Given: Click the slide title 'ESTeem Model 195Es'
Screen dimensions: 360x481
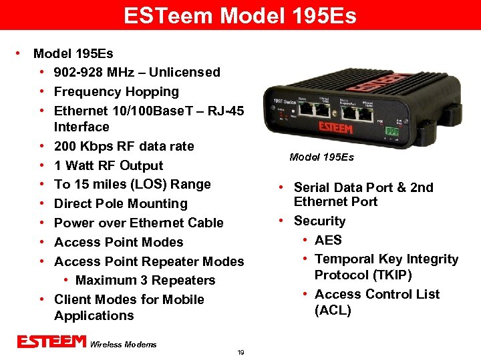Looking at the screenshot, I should pyautogui.click(x=240, y=15).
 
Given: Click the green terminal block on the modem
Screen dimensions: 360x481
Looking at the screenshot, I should pyautogui.click(x=392, y=131).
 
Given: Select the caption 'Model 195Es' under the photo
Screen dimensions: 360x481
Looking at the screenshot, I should pyautogui.click(x=321, y=157).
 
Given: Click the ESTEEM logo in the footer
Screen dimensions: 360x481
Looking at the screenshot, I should pyautogui.click(x=51, y=342).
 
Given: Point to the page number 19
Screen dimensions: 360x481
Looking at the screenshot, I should pyautogui.click(x=240, y=352).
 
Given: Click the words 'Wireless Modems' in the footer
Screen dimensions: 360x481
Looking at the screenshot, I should pyautogui.click(x=123, y=344).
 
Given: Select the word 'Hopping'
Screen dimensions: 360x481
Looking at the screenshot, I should pyautogui.click(x=153, y=91).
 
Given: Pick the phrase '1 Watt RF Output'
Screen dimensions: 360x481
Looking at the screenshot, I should pyautogui.click(x=108, y=165).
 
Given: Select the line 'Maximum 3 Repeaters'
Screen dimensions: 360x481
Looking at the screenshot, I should pyautogui.click(x=145, y=280).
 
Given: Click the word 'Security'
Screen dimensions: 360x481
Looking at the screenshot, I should pyautogui.click(x=319, y=221).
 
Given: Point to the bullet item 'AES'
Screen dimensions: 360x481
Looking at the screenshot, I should pyautogui.click(x=328, y=240).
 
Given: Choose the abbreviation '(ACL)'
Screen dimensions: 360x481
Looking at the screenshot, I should pyautogui.click(x=333, y=310).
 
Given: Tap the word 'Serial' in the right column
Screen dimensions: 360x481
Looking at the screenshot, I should pyautogui.click(x=313, y=187).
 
